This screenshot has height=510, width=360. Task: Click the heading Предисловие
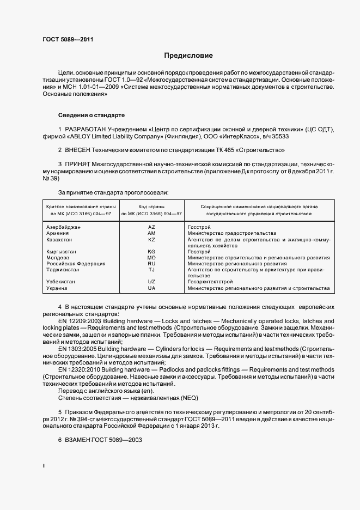point(189,56)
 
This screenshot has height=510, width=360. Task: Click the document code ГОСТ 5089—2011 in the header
point(68,40)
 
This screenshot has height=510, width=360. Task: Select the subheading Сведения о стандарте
point(91,116)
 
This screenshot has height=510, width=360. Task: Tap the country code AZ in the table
point(151,227)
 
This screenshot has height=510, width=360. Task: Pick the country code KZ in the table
point(151,240)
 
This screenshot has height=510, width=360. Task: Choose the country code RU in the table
point(151,264)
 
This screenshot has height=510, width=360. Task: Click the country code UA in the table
point(151,288)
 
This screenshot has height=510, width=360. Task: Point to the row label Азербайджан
point(64,227)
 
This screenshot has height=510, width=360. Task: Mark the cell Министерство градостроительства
point(231,233)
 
